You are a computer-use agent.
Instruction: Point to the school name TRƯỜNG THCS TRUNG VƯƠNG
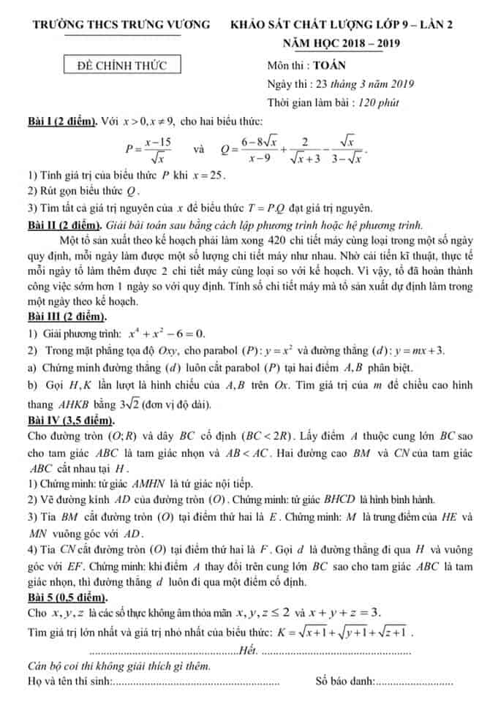point(121,25)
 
